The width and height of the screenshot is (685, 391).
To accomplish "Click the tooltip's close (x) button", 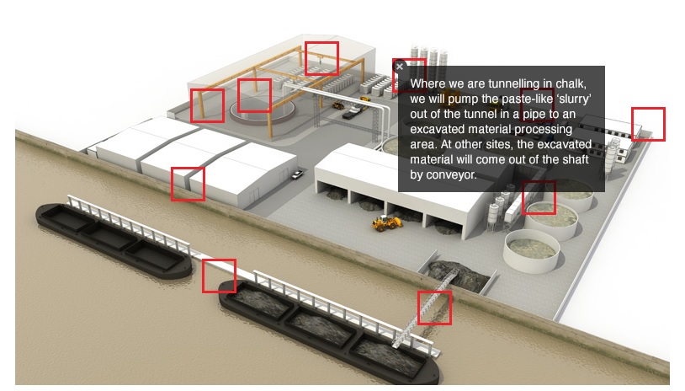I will [x=400, y=66].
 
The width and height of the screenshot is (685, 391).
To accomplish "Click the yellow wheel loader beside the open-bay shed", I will [x=386, y=222].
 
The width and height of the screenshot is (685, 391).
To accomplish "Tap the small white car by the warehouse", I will [x=297, y=174].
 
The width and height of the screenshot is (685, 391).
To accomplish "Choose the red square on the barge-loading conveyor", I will [x=434, y=308].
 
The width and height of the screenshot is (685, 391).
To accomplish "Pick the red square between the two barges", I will [x=219, y=276].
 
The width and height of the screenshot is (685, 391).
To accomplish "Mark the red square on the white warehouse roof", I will [x=188, y=184].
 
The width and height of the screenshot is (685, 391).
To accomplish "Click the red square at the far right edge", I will [x=648, y=124].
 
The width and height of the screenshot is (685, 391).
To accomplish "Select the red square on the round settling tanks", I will [x=539, y=197].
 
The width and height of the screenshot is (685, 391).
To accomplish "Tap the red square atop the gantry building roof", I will [x=321, y=58].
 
